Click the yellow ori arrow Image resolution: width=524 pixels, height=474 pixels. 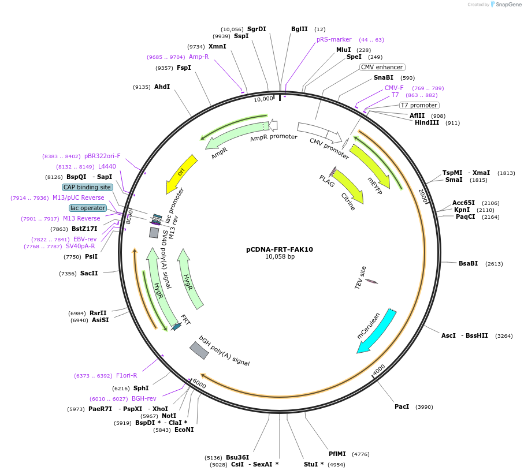(181, 174)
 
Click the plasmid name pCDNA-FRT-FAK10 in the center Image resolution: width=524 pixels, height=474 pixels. (280, 249)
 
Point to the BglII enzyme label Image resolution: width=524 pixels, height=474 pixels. (299, 29)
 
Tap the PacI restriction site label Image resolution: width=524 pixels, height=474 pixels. (402, 406)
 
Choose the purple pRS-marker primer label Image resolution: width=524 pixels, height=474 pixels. (334, 39)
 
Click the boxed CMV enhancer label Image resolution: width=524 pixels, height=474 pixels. (382, 67)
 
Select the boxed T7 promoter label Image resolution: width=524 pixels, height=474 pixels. (419, 105)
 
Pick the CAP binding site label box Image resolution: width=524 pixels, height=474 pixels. (87, 187)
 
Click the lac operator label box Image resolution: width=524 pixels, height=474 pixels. (88, 208)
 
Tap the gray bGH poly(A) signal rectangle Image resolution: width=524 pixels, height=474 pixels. (199, 350)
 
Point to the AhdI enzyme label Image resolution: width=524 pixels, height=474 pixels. (162, 87)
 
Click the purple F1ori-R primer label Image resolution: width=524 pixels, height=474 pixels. (127, 375)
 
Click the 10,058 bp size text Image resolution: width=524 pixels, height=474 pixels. (280, 257)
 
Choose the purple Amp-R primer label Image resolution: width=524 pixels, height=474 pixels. (198, 57)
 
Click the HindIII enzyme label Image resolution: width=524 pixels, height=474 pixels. (428, 122)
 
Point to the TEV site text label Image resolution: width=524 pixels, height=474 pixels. (361, 277)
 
